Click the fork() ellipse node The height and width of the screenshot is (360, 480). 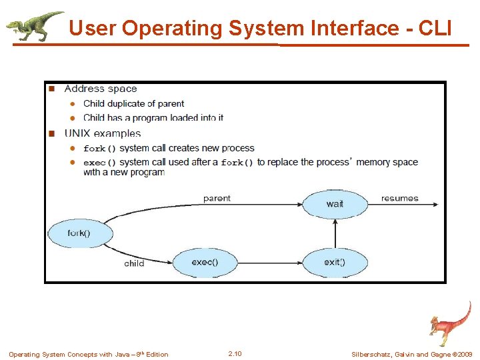point(79,233)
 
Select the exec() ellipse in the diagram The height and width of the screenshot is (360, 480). point(205,262)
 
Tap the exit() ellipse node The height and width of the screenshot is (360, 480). point(335,262)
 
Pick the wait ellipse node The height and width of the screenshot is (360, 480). point(335,204)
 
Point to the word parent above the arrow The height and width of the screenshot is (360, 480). point(217,198)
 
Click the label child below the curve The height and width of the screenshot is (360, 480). point(134,263)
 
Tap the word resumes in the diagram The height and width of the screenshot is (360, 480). point(400,198)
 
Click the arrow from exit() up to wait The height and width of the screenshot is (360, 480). point(335,233)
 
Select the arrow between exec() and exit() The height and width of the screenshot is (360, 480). point(270,262)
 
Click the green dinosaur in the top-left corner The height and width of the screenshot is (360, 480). point(33,25)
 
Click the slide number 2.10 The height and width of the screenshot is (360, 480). point(235,353)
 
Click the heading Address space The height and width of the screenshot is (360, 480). point(101,89)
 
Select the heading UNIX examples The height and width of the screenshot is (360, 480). point(103,133)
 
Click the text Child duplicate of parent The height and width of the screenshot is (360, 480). point(133,103)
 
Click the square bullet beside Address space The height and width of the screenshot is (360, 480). point(50,89)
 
